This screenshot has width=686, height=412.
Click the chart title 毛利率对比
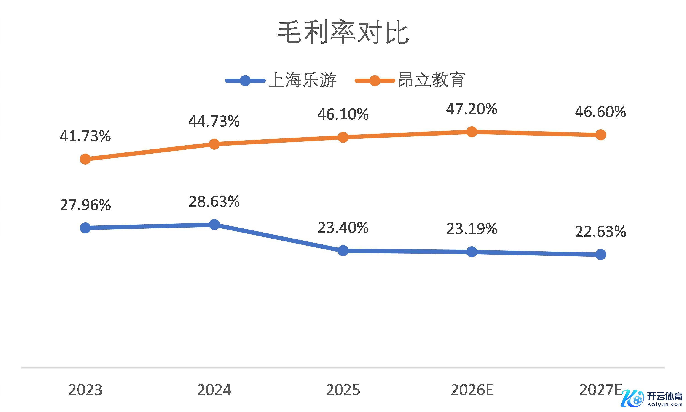tap(343, 33)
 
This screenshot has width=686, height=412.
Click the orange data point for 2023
tap(85, 159)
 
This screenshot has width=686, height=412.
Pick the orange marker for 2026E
tap(472, 132)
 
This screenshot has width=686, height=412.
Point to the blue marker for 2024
tap(214, 224)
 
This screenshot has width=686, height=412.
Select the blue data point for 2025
tap(343, 250)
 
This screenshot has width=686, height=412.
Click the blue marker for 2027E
tap(601, 254)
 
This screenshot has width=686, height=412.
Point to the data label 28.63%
tap(214, 202)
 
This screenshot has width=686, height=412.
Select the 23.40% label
tap(343, 228)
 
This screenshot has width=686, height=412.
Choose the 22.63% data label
tap(601, 232)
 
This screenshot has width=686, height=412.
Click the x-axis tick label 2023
tap(85, 390)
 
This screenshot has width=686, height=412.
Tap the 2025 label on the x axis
tap(343, 390)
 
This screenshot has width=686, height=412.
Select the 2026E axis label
tap(472, 390)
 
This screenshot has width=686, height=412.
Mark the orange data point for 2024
tap(214, 144)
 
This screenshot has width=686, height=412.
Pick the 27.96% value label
tap(85, 205)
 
